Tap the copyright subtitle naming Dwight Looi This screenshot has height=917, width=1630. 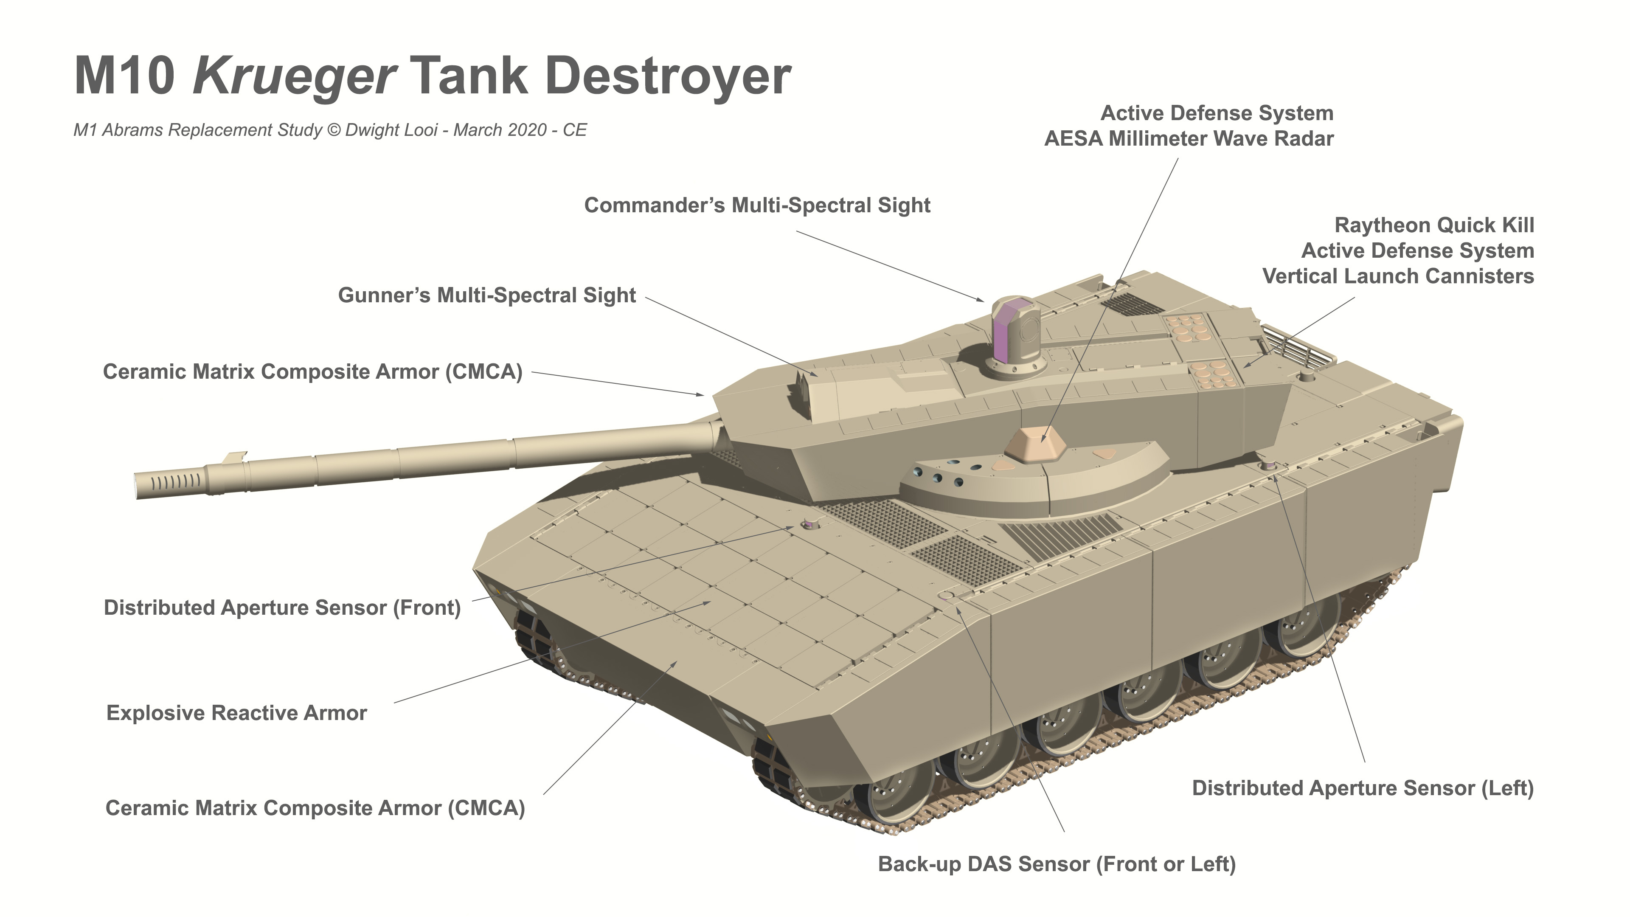click(330, 130)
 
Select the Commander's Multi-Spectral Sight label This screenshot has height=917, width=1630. click(757, 205)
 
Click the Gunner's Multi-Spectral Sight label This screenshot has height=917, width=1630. click(486, 295)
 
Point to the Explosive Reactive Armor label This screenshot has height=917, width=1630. click(237, 713)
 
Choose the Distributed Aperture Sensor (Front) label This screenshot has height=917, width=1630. click(282, 608)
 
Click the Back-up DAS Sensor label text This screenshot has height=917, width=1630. click(1057, 864)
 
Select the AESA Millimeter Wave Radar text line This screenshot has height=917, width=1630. click(1189, 138)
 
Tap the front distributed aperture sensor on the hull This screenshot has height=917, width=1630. click(809, 524)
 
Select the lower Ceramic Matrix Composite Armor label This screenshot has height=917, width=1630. click(315, 809)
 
